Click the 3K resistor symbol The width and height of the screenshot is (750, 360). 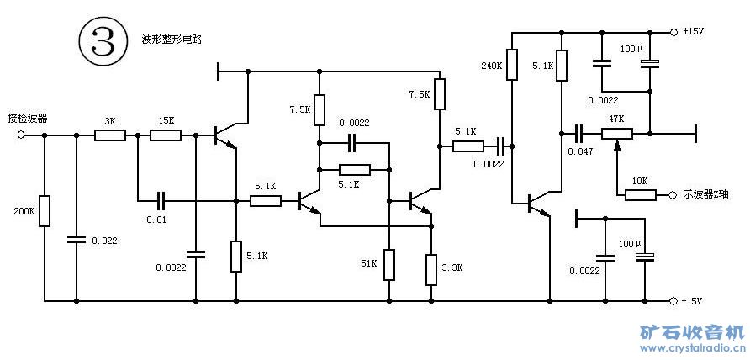(109, 135)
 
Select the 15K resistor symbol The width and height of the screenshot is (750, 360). (165, 135)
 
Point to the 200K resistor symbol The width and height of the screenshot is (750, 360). (45, 210)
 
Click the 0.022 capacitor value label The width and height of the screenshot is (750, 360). (104, 241)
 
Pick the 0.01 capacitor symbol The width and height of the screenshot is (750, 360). (162, 201)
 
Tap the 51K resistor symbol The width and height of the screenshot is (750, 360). (389, 264)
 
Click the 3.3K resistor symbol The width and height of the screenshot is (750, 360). (430, 270)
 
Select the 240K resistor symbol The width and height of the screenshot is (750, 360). (511, 66)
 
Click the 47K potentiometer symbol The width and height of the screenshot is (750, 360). (617, 134)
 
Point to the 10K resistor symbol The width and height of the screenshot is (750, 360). (640, 195)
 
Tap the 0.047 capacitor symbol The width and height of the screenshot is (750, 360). (578, 133)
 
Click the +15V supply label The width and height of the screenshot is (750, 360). (693, 32)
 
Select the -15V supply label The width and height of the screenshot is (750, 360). (693, 301)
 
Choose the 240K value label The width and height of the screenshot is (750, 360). (491, 65)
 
